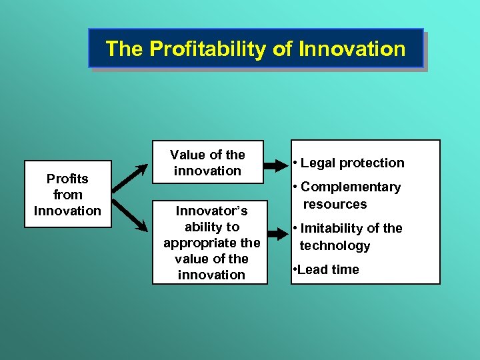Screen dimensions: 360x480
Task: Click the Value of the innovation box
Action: pyautogui.click(x=207, y=163)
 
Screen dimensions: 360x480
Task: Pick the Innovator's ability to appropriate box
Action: pyautogui.click(x=211, y=243)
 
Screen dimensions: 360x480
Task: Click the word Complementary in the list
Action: pyautogui.click(x=351, y=187)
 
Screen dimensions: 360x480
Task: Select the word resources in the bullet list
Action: pyautogui.click(x=335, y=204)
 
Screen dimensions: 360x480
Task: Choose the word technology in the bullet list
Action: pyautogui.click(x=335, y=245)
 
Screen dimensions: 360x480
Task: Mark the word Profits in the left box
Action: pyautogui.click(x=67, y=179)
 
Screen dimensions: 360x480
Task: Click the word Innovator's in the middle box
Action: pyautogui.click(x=211, y=211)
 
